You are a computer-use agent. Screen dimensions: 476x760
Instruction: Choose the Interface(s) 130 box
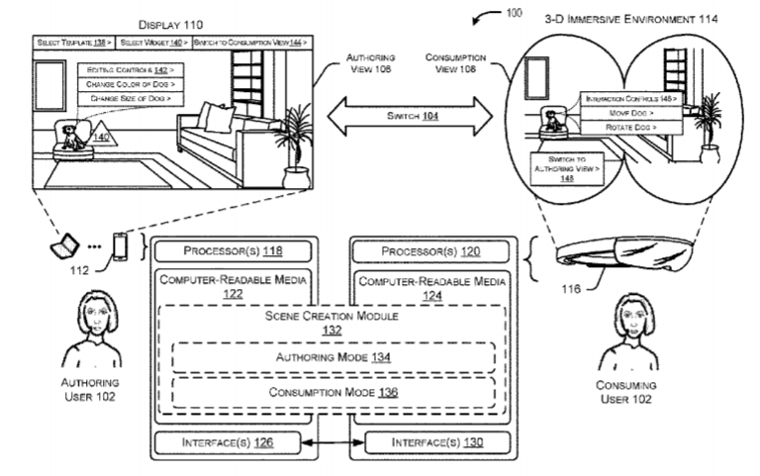tap(431, 442)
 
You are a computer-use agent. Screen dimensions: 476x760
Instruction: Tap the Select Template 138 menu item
tap(74, 44)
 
